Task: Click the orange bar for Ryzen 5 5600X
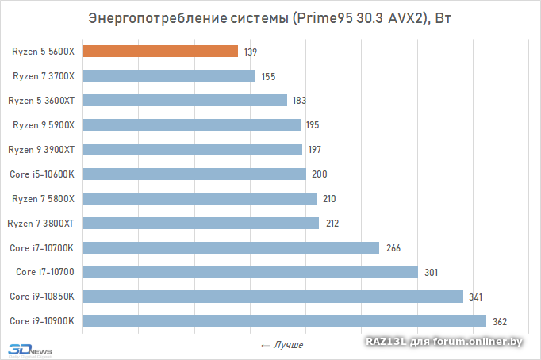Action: (x=160, y=52)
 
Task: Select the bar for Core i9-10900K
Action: (x=284, y=321)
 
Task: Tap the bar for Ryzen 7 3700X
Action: (x=169, y=76)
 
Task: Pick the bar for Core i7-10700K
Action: (x=231, y=247)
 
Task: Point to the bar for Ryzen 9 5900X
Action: (x=191, y=124)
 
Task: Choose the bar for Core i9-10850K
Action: (x=273, y=297)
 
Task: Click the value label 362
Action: (x=500, y=321)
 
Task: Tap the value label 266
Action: (x=393, y=247)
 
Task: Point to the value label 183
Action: (x=298, y=101)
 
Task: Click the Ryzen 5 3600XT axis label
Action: (x=41, y=101)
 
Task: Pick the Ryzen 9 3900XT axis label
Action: (x=41, y=149)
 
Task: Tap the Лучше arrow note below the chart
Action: (x=282, y=345)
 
